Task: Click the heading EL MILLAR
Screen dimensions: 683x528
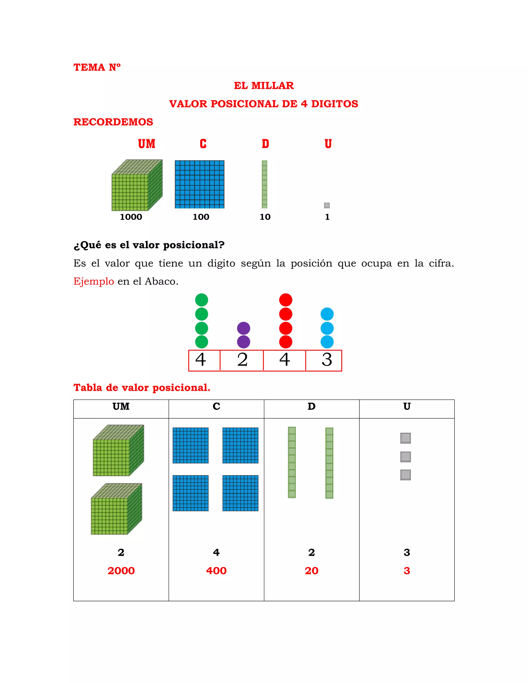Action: pyautogui.click(x=264, y=85)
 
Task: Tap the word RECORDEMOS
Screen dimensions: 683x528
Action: pyautogui.click(x=113, y=122)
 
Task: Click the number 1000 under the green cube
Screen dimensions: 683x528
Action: pyautogui.click(x=131, y=217)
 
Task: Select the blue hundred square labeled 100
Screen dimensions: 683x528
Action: pyautogui.click(x=199, y=184)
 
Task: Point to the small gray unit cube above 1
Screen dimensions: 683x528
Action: pyautogui.click(x=327, y=205)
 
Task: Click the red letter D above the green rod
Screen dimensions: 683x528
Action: pyautogui.click(x=265, y=144)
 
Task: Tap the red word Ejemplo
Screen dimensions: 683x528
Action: pyautogui.click(x=94, y=281)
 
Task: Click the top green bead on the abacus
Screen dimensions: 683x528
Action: pyautogui.click(x=201, y=300)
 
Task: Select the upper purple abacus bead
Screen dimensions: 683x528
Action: pyautogui.click(x=243, y=328)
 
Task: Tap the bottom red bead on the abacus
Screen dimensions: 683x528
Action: pyautogui.click(x=286, y=342)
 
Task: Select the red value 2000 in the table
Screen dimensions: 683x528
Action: pyautogui.click(x=121, y=571)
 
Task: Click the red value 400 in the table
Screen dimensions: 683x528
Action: pyautogui.click(x=216, y=571)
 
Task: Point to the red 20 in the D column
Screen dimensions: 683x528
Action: pyautogui.click(x=311, y=571)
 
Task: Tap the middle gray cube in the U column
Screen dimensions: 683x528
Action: pyautogui.click(x=405, y=457)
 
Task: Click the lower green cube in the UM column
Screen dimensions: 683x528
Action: pyautogui.click(x=116, y=509)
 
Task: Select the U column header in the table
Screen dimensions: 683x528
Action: pyautogui.click(x=407, y=406)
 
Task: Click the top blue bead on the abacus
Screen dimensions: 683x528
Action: pyautogui.click(x=327, y=314)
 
